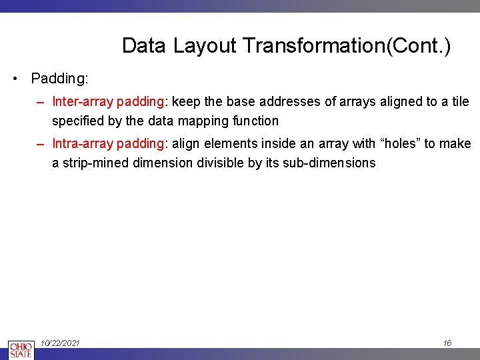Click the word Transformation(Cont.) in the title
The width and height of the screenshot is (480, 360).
point(347,46)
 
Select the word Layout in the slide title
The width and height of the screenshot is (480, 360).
point(205,46)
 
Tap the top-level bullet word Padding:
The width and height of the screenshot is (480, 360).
point(59,79)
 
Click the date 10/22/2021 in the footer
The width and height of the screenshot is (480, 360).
point(60,343)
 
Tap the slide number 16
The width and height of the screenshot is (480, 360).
point(447,343)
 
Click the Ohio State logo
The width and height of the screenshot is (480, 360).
point(21,349)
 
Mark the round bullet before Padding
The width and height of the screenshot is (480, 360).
point(15,79)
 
